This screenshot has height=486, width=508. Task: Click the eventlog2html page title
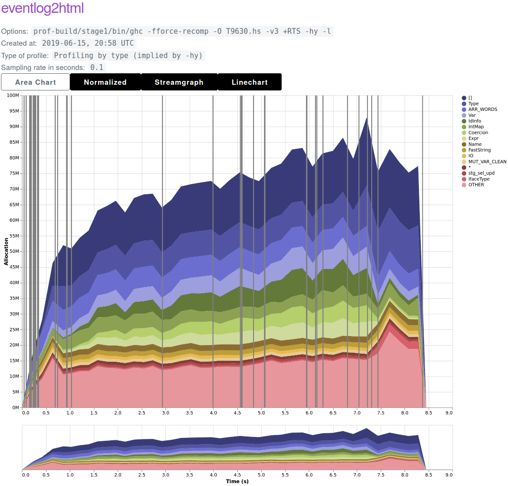[43, 8]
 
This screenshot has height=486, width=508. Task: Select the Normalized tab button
[105, 82]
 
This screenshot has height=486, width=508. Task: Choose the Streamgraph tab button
[179, 82]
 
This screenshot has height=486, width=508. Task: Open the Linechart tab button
[250, 82]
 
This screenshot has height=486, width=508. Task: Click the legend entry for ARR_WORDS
[482, 109]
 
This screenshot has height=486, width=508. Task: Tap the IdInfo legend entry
[475, 121]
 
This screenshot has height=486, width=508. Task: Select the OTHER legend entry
[476, 185]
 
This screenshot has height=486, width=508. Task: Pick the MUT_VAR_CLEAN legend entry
[487, 161]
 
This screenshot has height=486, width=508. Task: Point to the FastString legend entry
[479, 150]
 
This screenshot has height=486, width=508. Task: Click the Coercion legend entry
[478, 133]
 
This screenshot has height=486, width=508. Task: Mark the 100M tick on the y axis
[13, 96]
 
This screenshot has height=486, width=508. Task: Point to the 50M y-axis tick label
[14, 251]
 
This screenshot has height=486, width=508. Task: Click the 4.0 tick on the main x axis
[213, 413]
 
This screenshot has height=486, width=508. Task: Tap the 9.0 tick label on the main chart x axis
[449, 413]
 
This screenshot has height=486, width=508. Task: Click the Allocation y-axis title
[6, 252]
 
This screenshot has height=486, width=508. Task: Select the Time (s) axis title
[237, 481]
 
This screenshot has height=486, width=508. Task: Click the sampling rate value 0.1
[97, 67]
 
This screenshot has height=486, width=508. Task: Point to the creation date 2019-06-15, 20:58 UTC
[88, 43]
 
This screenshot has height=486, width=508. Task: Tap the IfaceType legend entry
[479, 179]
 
